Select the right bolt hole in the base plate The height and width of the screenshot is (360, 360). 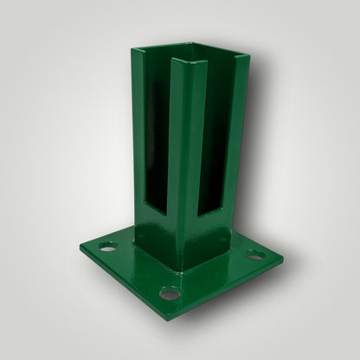pos(253,255)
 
